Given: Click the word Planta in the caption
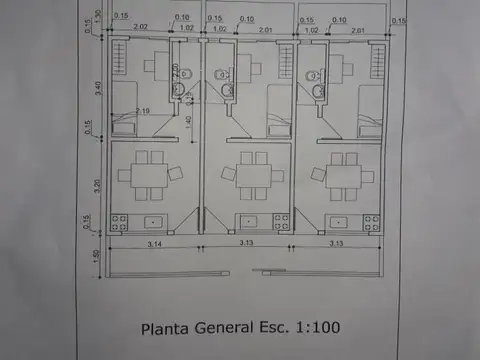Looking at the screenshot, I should click(166, 327).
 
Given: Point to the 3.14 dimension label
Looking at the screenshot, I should click(155, 243).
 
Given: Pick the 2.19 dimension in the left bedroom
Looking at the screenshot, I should click(143, 110).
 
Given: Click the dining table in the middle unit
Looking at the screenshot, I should click(248, 175).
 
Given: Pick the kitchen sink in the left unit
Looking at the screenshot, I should click(155, 220).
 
